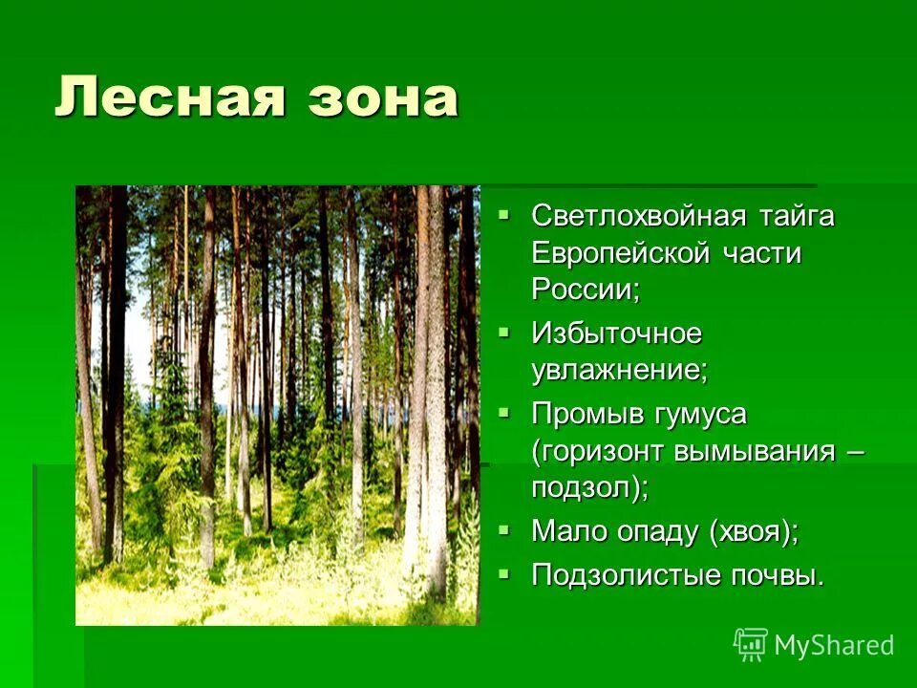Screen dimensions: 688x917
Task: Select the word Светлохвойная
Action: point(639,216)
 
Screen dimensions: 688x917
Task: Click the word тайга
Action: point(796,216)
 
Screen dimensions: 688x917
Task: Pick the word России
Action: point(585,290)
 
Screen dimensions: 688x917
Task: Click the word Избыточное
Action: point(617,333)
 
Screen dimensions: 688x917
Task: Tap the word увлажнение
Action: point(620,370)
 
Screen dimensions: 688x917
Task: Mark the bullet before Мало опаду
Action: point(505,527)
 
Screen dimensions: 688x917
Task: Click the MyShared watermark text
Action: point(834,645)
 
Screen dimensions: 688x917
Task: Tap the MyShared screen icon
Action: point(751,645)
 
